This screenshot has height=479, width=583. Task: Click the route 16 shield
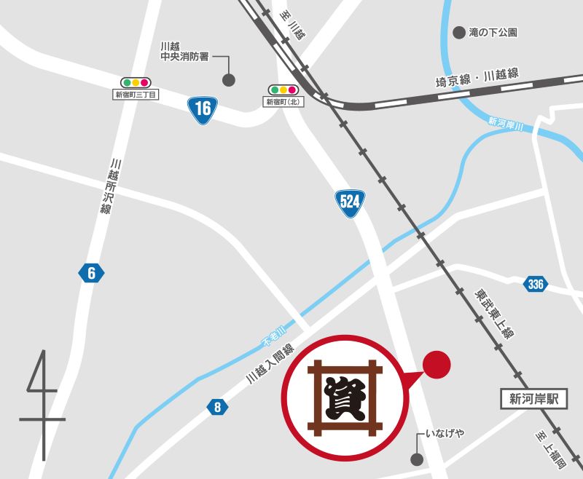[x=203, y=109]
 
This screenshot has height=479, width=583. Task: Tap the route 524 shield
[x=350, y=202]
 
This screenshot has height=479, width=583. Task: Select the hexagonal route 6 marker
[x=91, y=273]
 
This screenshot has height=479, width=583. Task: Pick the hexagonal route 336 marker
[x=536, y=284]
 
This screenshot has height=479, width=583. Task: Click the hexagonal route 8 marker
[x=217, y=407]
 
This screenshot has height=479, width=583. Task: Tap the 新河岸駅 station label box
[x=533, y=398]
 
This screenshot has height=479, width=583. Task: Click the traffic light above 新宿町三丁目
[x=136, y=82]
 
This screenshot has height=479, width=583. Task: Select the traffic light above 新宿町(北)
[x=283, y=90]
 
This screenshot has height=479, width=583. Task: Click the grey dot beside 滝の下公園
[x=459, y=33]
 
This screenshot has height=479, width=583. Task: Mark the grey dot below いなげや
[x=417, y=459]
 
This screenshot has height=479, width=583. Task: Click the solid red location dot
[x=437, y=365]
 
